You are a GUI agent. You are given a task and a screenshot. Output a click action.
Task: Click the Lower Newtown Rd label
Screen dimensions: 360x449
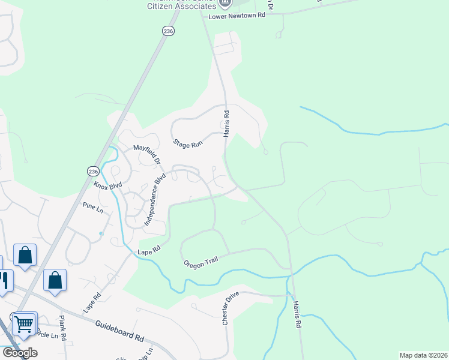pos(237,16)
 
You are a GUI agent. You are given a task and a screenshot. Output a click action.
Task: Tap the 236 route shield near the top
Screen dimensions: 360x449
pos(168,31)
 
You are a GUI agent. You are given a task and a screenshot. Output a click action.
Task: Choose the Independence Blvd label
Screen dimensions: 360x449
pos(154,197)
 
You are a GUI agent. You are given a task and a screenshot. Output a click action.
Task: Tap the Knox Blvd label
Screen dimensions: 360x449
pos(107,186)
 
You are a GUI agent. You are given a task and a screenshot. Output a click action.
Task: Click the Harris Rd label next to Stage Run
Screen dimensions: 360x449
pos(227,124)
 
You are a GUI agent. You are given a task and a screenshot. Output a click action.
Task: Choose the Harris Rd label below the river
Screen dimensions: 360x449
pos(296,314)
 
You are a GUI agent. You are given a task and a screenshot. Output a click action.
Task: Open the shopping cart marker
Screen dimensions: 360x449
pos(24,325)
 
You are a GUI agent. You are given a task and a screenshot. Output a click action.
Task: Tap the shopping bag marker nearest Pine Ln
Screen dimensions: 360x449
pos(25,255)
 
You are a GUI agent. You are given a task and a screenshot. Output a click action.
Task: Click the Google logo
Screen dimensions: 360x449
pos(20,352)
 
